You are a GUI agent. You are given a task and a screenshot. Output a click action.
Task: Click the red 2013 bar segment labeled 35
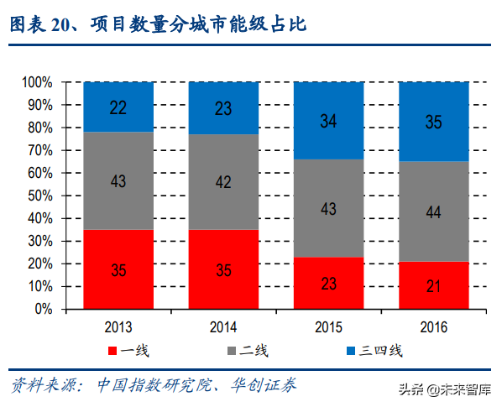[118, 269]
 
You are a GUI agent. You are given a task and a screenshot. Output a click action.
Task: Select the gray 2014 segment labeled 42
[223, 181]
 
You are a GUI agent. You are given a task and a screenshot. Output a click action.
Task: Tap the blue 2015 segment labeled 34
[328, 121]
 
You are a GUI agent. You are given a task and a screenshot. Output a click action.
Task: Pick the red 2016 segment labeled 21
[433, 285]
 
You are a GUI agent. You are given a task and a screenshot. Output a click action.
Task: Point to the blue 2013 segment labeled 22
[118, 107]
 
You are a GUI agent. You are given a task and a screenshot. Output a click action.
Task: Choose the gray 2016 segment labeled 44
[433, 211]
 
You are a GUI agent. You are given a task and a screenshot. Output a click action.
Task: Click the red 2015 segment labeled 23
[328, 283]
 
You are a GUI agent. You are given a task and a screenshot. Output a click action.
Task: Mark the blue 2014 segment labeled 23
[223, 108]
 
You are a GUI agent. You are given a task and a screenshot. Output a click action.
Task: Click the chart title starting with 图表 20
[158, 26]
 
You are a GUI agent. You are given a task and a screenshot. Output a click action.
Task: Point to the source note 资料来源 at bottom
[152, 385]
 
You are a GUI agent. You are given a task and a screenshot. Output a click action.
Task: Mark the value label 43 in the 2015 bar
[328, 208]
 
